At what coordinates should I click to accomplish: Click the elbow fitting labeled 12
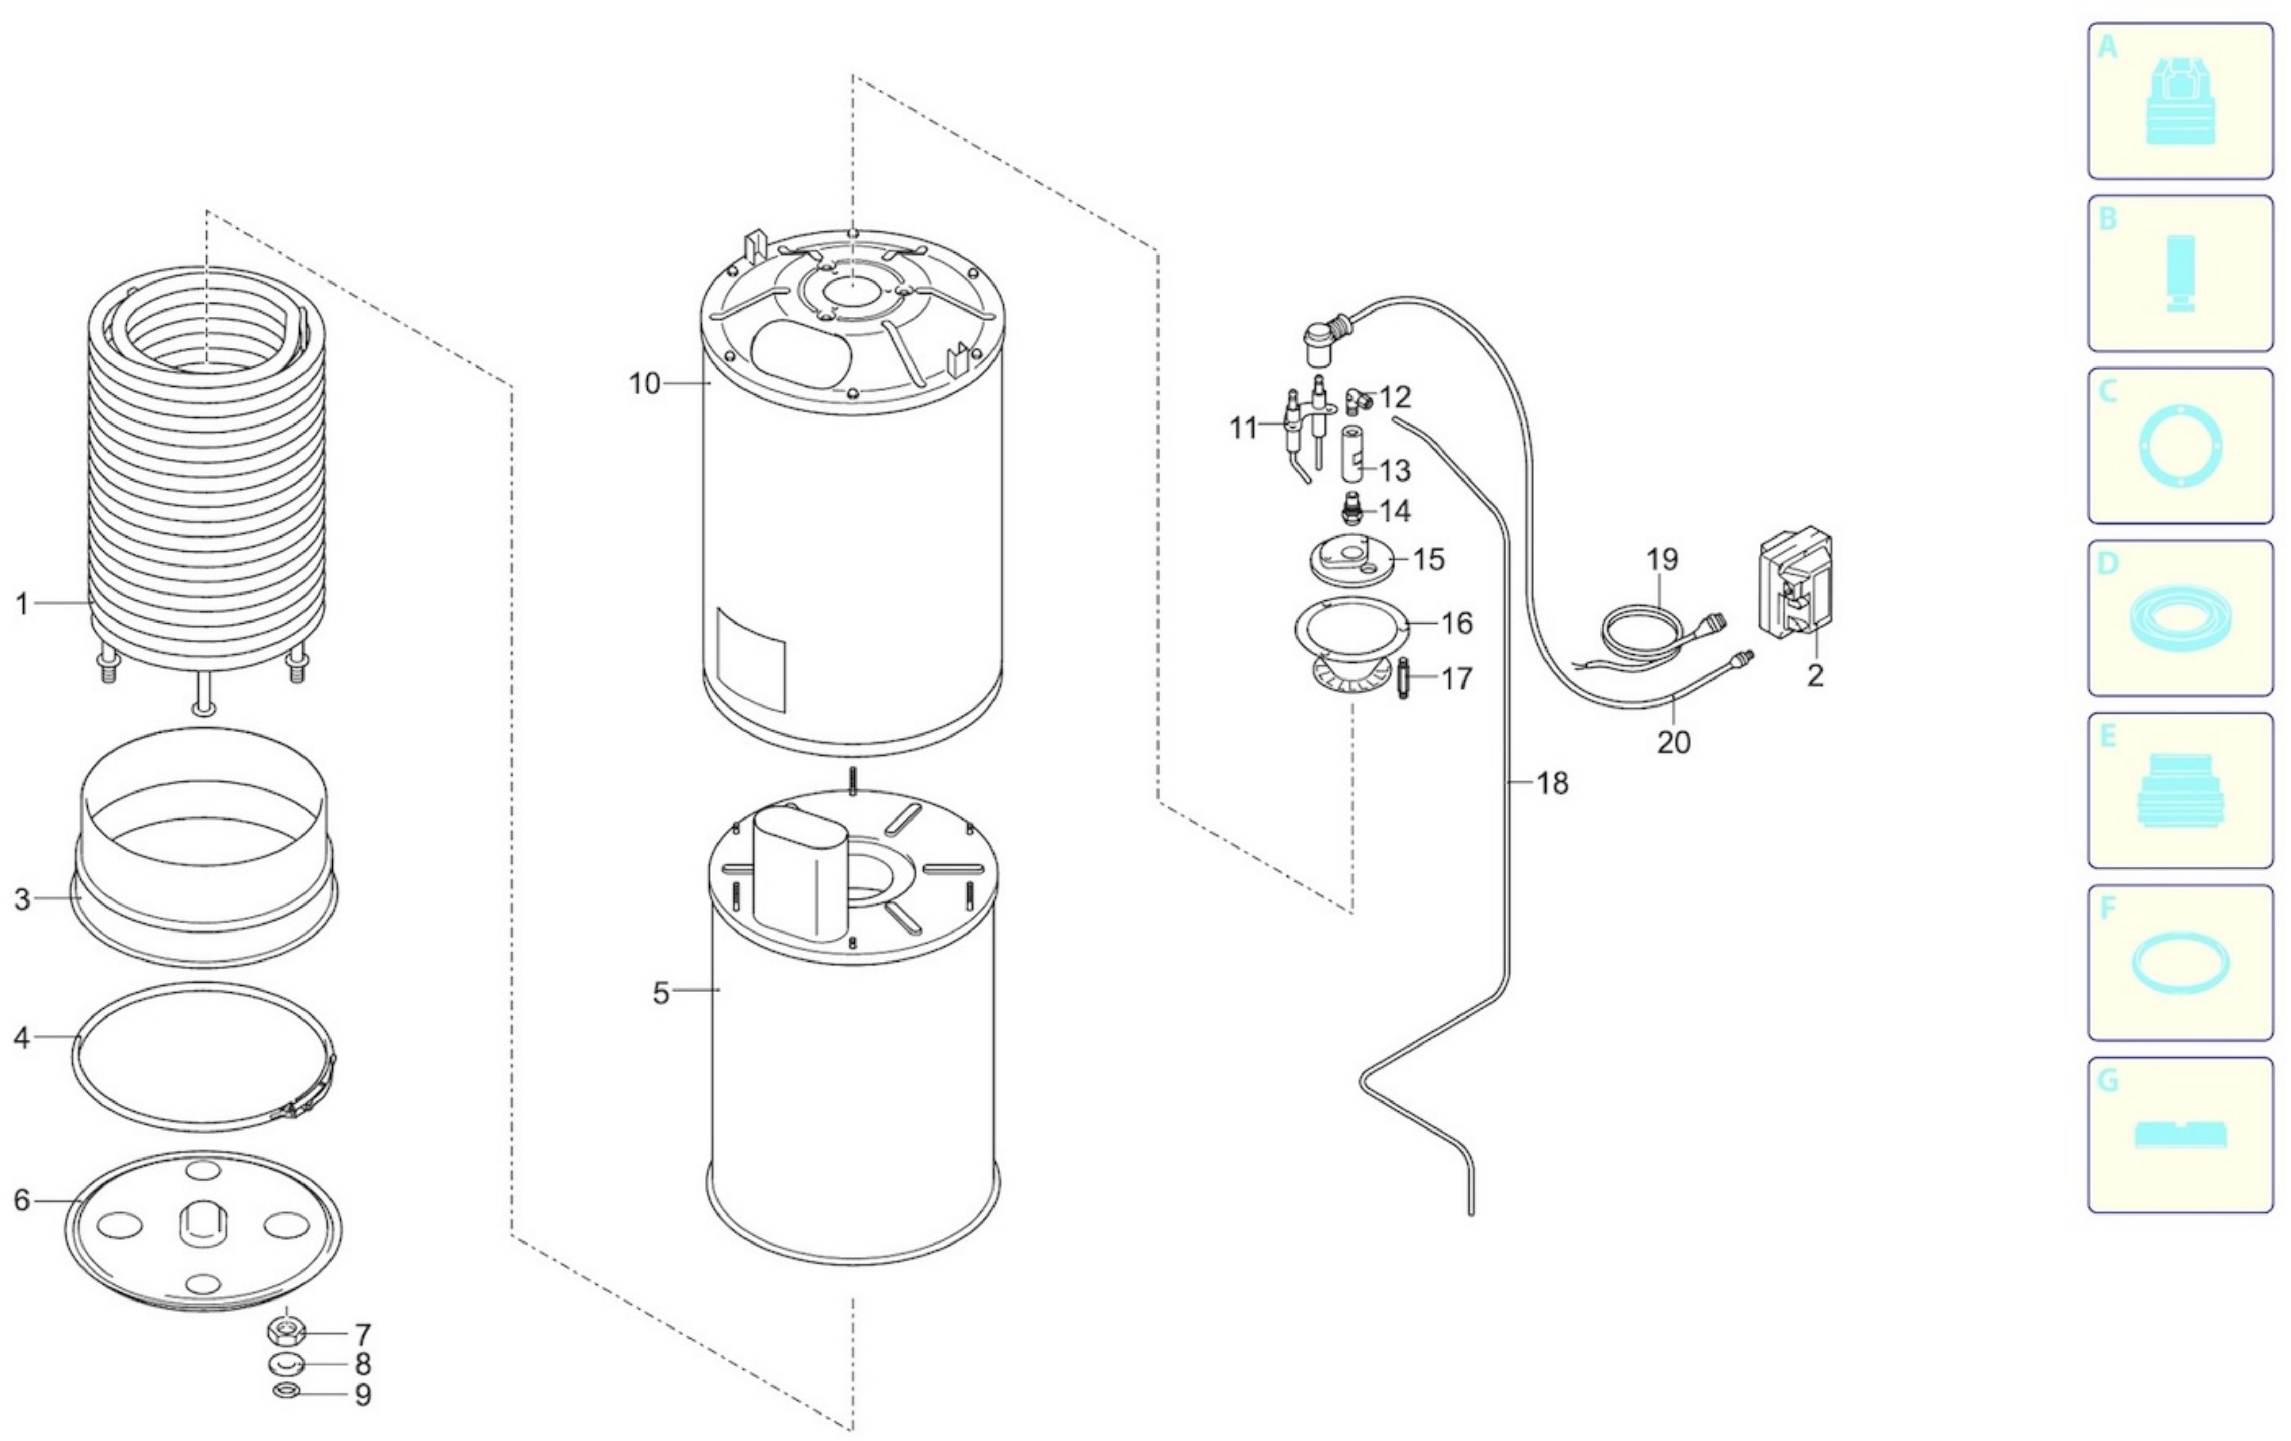1356,402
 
